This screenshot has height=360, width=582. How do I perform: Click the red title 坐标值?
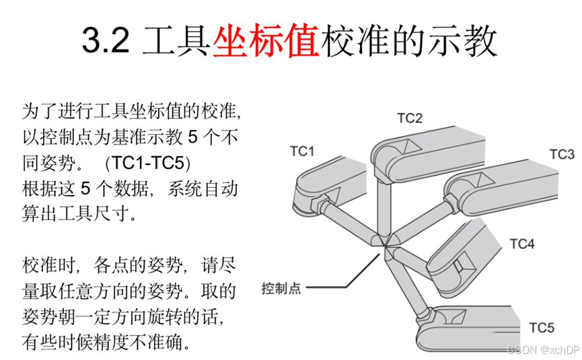point(266,42)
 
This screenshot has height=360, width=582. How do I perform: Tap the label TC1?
point(302,151)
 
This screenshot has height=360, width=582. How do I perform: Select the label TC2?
point(410,118)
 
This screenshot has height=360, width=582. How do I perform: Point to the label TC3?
point(562,154)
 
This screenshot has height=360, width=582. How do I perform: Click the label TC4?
point(521,244)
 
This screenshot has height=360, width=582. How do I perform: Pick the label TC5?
point(542,328)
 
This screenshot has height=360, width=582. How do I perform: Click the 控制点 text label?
point(281,289)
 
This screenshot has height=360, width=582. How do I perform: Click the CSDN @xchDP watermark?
point(544,349)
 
